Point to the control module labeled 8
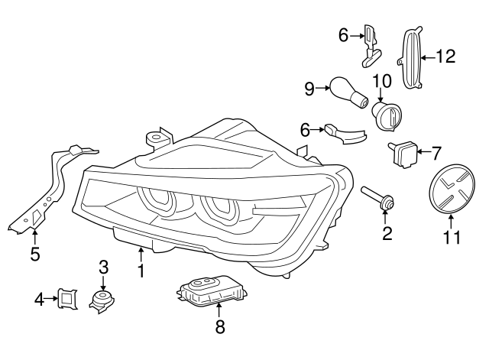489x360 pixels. click(205, 290)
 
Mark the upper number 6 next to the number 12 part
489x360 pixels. click(344, 34)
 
